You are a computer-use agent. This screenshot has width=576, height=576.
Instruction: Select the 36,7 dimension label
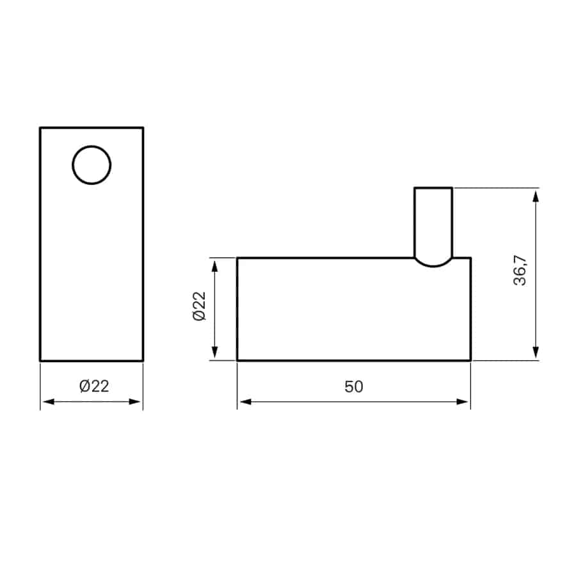(520, 270)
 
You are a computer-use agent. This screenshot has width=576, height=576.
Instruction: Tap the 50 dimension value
(354, 387)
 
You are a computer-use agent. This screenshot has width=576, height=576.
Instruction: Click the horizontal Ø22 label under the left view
(94, 386)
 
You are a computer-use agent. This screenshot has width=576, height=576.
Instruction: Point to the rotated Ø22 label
(199, 307)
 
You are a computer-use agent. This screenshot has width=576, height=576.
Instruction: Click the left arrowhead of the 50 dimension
(244, 402)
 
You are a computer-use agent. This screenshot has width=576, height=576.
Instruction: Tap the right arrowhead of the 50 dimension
(463, 402)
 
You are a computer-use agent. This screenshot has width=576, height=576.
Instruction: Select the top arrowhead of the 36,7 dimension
(536, 196)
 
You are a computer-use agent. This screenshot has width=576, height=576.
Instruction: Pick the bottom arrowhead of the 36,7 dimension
(536, 352)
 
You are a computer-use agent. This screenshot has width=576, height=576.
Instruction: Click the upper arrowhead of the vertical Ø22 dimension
(215, 266)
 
